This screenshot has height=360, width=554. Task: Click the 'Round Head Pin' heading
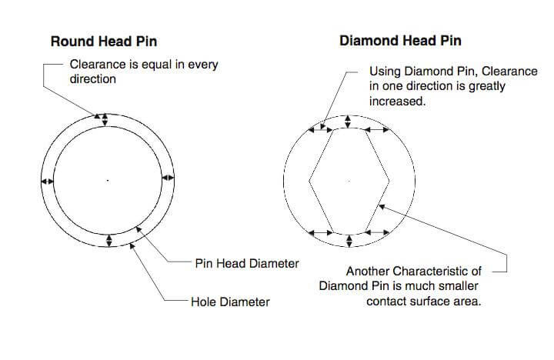click(104, 42)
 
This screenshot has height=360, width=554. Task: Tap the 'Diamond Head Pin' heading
click(400, 41)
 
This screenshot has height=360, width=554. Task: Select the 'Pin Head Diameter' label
click(247, 264)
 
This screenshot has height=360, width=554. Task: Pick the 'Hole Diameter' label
click(230, 302)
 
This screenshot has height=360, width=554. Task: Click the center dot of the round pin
click(108, 181)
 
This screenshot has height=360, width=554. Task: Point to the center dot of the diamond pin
click(349, 181)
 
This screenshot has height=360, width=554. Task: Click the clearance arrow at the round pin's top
click(105, 120)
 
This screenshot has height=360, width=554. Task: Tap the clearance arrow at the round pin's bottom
click(108, 241)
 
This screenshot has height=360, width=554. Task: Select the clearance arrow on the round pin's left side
click(48, 182)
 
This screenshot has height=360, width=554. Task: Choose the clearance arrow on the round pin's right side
click(168, 178)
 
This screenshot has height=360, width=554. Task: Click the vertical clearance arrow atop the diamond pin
click(348, 122)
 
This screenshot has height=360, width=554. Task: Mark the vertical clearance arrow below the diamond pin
click(349, 241)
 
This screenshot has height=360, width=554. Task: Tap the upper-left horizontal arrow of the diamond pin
click(320, 130)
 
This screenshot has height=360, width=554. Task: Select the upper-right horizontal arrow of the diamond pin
click(376, 130)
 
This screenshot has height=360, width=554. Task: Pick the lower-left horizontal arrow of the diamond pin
click(321, 233)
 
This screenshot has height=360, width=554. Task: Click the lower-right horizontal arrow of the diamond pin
click(377, 232)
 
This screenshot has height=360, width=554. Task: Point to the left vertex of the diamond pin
click(309, 181)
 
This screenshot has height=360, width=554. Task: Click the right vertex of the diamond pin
click(389, 181)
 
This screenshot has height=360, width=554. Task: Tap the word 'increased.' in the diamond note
click(397, 102)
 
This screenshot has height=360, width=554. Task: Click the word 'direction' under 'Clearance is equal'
click(92, 78)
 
